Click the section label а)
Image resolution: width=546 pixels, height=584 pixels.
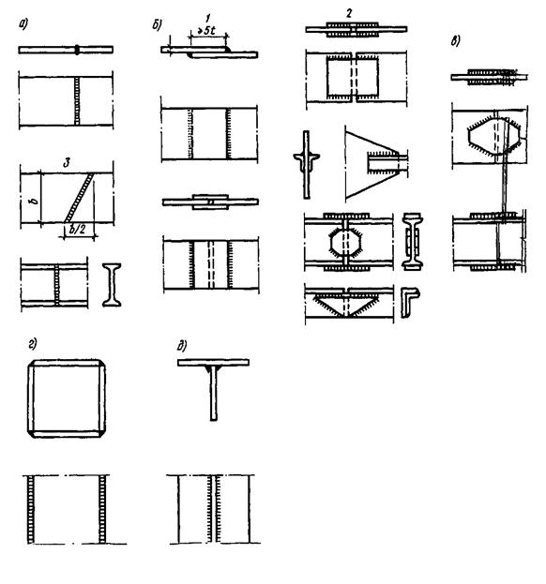click(x=23, y=25)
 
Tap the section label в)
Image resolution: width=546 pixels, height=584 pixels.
click(x=455, y=40)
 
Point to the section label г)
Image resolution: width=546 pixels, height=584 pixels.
click(x=33, y=345)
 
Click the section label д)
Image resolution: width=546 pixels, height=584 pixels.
click(x=182, y=347)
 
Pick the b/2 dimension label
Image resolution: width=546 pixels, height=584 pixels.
click(x=77, y=229)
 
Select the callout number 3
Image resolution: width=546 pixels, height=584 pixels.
click(x=67, y=162)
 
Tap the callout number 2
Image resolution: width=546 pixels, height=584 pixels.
click(x=349, y=13)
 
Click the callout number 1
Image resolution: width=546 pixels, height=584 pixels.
click(x=207, y=18)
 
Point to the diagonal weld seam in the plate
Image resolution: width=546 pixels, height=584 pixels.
click(x=79, y=198)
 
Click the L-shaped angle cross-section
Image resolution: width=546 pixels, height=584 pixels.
click(x=410, y=302)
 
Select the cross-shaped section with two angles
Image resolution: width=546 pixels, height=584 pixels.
click(x=306, y=164)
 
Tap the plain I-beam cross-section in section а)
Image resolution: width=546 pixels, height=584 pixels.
click(x=112, y=285)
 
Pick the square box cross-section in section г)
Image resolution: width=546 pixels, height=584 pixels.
click(x=67, y=363)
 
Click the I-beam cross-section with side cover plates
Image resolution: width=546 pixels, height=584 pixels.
click(x=412, y=241)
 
